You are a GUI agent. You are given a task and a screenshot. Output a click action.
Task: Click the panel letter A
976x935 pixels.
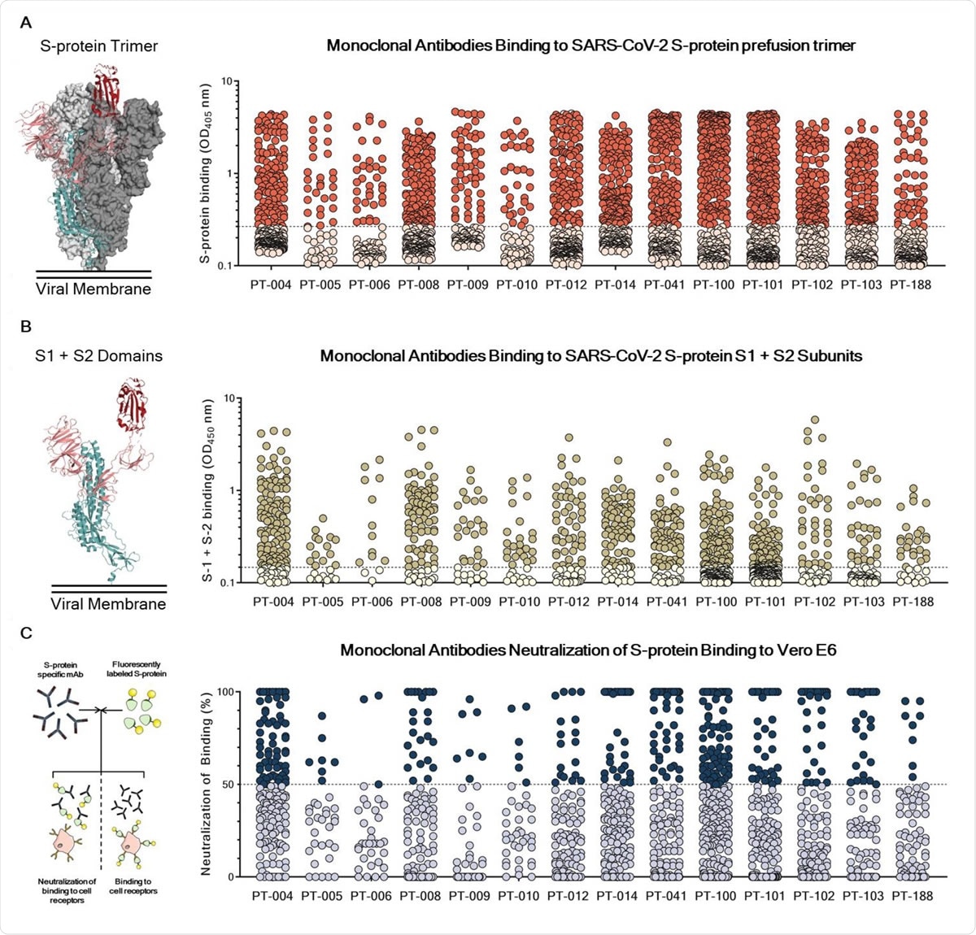coord(26,22)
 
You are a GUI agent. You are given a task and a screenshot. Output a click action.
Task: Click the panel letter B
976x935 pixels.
coord(26,327)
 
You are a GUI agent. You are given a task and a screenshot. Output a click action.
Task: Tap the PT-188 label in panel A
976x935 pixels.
coord(911,285)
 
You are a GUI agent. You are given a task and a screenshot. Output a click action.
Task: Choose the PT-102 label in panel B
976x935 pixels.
coord(814,602)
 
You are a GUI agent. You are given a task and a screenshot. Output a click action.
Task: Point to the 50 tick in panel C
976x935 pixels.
coord(223,785)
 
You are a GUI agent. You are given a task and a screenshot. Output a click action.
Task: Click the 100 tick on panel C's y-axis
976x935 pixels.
coord(220,692)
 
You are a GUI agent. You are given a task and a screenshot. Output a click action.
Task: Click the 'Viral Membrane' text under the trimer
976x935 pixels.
coord(94,289)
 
